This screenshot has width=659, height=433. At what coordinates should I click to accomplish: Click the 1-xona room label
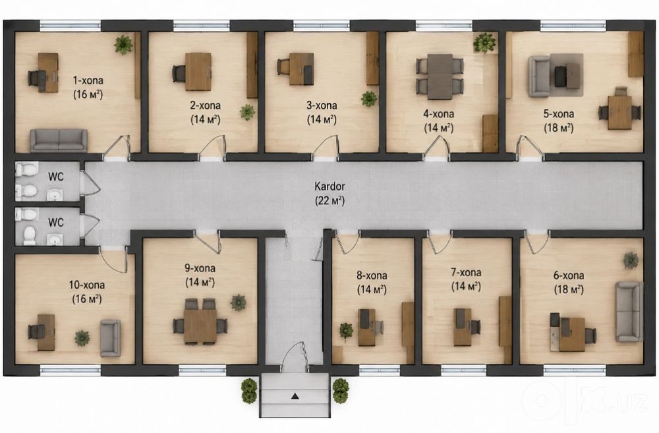coord(88,80)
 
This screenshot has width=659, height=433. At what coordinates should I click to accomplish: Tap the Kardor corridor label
coord(329,186)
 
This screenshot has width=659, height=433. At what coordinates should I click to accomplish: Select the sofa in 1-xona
coord(59,140)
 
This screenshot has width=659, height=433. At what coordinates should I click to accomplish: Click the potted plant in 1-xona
coord(123,44)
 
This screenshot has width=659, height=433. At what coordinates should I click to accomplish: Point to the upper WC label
coord(56,177)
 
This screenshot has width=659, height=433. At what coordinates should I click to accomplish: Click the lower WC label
coord(56,222)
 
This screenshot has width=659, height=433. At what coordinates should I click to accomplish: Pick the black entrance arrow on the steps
coord(295,395)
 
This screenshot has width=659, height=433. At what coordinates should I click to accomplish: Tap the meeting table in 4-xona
coord(440,76)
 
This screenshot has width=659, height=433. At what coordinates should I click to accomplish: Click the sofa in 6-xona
coord(629,312)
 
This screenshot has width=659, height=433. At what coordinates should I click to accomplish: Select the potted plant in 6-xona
coord(631,260)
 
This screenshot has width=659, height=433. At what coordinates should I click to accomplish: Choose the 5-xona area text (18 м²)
coord(559,128)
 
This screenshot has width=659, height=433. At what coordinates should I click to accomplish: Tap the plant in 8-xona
coord(347,330)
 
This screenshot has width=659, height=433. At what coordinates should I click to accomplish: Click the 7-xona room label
coord(466,272)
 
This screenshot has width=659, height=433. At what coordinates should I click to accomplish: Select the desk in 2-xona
coord(198,71)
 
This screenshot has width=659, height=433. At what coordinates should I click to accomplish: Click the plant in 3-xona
coord(369,99)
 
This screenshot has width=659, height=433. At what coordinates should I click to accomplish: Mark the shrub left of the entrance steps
coord(249,391)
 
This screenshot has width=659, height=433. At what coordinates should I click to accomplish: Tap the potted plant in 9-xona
coord(239,303)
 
